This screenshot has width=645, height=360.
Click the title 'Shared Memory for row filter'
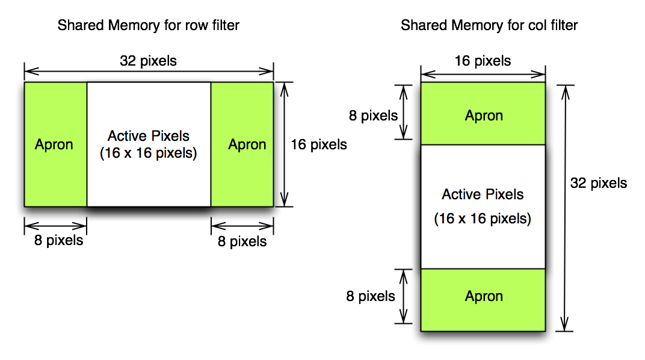coord(148,25)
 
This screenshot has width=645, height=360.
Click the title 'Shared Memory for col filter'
coord(489,25)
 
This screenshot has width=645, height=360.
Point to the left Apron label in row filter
coord(54,145)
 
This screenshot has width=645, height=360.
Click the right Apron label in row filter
coord(247,145)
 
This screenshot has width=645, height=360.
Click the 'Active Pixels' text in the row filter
coord(149,136)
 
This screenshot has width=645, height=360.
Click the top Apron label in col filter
coord(484,116)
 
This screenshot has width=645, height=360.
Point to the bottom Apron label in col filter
coord(484,296)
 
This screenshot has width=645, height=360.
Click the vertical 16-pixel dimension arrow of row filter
coord(284,144)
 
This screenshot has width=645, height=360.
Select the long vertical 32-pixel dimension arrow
coord(565,208)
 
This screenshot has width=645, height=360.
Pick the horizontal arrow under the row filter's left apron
coord(55,226)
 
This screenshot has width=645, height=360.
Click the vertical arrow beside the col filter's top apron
coord(404,113)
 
